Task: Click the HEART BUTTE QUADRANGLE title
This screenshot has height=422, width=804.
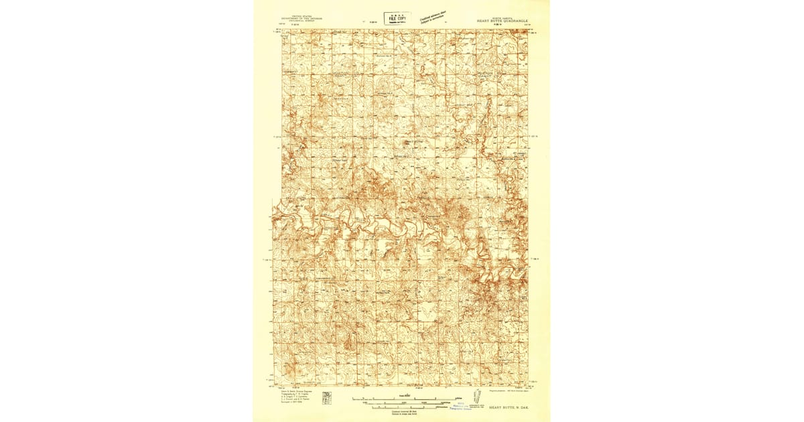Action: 502,21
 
